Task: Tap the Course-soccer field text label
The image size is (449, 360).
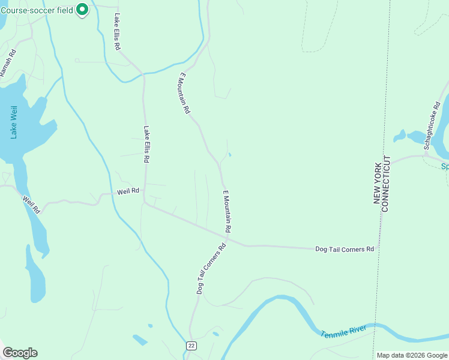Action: coord(37,10)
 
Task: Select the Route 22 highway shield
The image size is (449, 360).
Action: coord(191,346)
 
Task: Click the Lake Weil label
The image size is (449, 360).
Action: coord(14,122)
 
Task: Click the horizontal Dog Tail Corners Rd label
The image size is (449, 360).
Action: coord(345,248)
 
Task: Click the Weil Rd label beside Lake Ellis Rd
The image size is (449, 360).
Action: coord(128,191)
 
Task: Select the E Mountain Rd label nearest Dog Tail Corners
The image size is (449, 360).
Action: coord(227,211)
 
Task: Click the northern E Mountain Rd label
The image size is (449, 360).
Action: coord(184,94)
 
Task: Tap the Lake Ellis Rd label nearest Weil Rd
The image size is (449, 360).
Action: coord(146,144)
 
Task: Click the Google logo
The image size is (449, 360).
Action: coord(20,353)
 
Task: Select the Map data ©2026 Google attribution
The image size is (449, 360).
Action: coord(412,355)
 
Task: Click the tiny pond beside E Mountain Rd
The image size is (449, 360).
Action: coord(230,154)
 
